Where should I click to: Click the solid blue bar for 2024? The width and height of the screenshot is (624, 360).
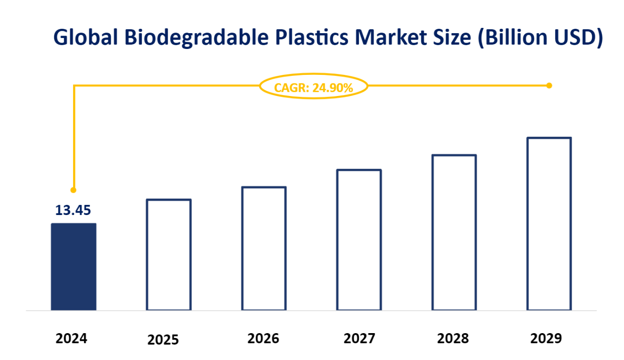(73, 266)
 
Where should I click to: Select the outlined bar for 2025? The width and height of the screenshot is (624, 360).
(169, 254)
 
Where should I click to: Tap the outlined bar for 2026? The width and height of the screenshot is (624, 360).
(264, 248)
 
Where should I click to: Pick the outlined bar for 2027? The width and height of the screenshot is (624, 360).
(359, 240)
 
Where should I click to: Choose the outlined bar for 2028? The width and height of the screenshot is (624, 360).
(454, 232)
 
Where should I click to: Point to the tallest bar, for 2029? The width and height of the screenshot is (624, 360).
(549, 224)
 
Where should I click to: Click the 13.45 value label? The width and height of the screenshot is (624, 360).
(73, 210)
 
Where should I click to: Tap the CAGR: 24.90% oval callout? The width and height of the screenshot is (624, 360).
(313, 87)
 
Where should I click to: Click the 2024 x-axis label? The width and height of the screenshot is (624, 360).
(72, 339)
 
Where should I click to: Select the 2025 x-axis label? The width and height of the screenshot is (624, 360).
(163, 340)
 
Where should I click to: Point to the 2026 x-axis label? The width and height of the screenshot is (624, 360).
(263, 338)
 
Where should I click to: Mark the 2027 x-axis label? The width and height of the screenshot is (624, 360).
(359, 339)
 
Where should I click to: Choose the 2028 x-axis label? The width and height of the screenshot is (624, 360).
(453, 338)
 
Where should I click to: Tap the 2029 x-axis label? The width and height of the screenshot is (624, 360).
(546, 338)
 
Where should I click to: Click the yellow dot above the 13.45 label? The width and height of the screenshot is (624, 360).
(73, 190)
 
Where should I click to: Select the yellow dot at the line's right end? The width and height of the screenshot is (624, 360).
(549, 85)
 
